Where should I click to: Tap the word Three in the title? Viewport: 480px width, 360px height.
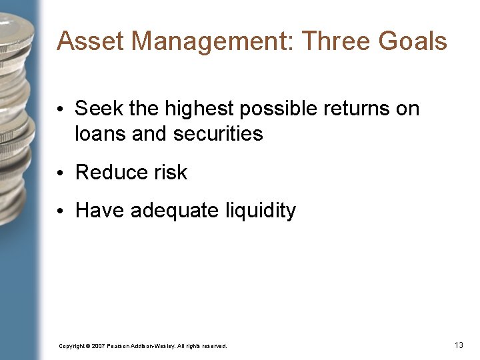(337, 41)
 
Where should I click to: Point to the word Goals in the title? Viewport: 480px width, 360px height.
(413, 41)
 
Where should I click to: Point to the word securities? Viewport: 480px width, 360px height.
(218, 133)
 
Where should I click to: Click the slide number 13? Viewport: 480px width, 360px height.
(459, 345)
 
